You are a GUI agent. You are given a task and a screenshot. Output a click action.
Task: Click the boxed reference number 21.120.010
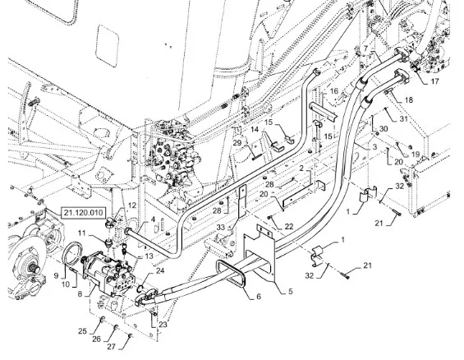click(x=83, y=213)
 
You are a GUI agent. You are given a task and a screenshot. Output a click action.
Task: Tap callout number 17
click(x=434, y=81)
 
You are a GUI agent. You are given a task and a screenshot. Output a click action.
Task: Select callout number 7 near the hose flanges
click(x=365, y=48)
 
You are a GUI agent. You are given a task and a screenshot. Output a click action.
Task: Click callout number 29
click(x=237, y=143)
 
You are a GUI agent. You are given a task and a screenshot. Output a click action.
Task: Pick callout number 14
click(x=255, y=129)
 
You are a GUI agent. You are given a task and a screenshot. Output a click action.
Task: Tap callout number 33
click(x=221, y=228)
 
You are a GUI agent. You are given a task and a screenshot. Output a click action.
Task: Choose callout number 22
click(x=289, y=227)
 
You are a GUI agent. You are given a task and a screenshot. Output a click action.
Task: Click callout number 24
click(x=160, y=270)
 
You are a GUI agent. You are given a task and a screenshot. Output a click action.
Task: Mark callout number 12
click(x=132, y=205)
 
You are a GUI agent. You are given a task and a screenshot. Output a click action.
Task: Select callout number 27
click(x=111, y=346)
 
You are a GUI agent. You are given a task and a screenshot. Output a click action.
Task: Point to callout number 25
click(x=83, y=330)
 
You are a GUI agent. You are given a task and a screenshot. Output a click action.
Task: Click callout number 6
click(x=259, y=297)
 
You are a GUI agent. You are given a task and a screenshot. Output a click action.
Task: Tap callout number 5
click(x=290, y=291)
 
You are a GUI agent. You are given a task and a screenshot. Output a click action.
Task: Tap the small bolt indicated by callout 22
click(x=269, y=218)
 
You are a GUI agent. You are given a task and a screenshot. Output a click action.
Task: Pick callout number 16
click(x=334, y=91)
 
